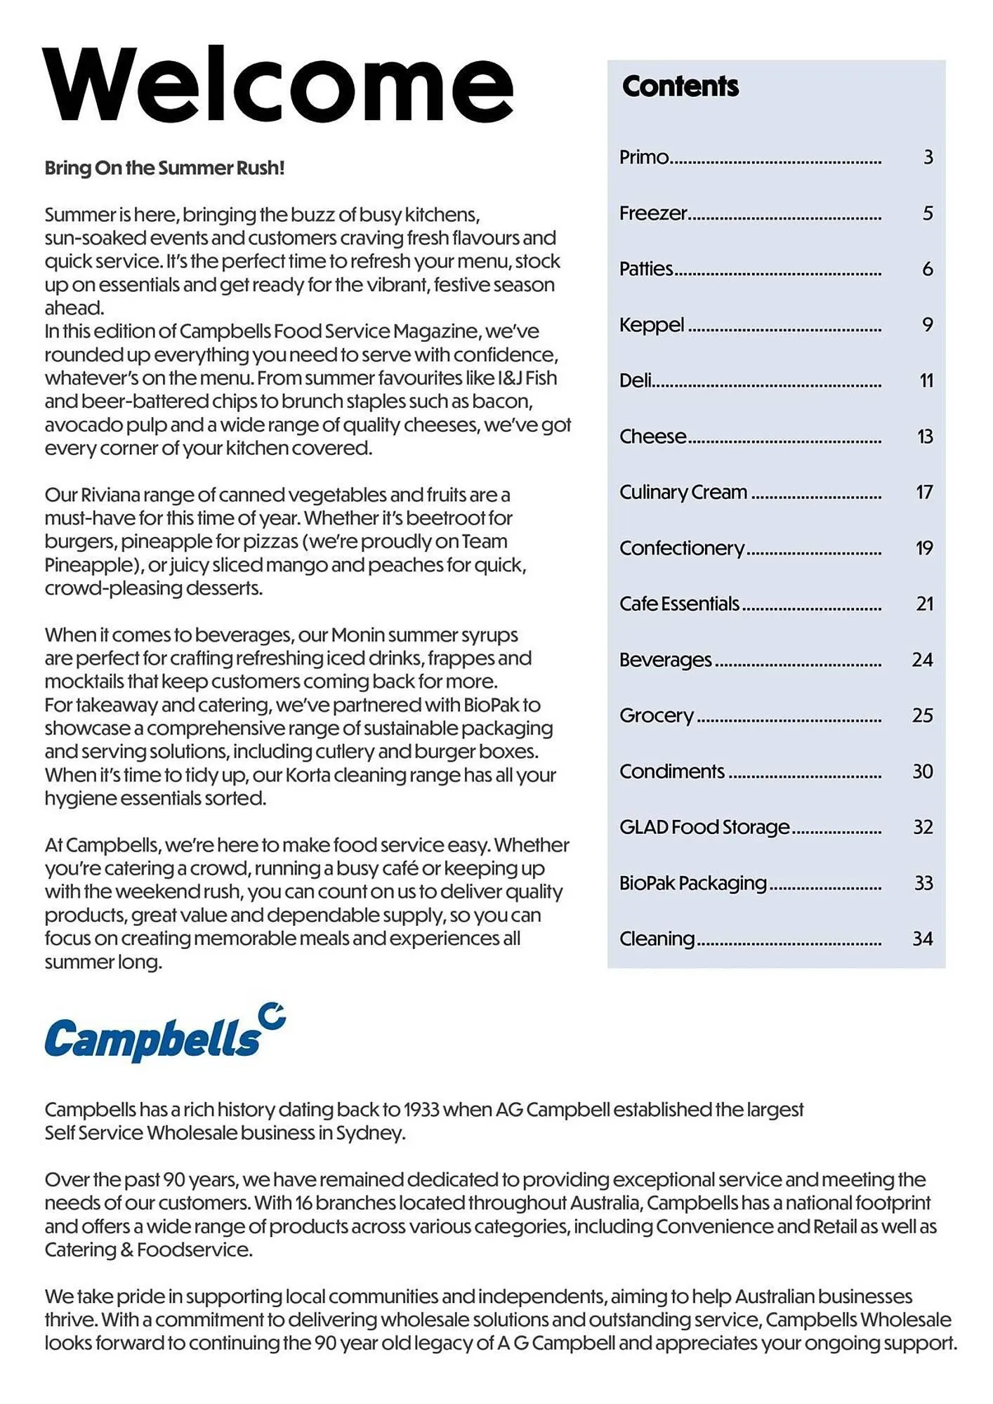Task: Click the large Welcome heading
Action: click(x=278, y=86)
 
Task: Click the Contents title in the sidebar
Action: click(x=680, y=86)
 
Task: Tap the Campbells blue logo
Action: click(x=164, y=1034)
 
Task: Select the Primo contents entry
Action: click(x=643, y=157)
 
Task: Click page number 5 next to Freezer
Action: click(x=928, y=213)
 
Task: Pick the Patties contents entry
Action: click(x=645, y=269)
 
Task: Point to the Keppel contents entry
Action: click(x=651, y=325)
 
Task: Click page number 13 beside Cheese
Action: click(x=925, y=437)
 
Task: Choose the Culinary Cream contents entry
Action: click(x=683, y=492)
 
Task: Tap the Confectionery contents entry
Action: click(x=681, y=548)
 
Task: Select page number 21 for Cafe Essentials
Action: click(x=924, y=604)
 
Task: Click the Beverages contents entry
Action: click(x=665, y=660)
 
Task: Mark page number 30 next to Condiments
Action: click(x=923, y=771)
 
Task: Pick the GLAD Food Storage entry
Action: click(x=704, y=827)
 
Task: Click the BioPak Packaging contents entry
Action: click(x=692, y=883)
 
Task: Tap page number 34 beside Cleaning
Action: click(x=923, y=939)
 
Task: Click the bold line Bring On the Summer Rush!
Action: click(x=164, y=168)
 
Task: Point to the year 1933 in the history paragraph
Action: click(x=421, y=1110)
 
